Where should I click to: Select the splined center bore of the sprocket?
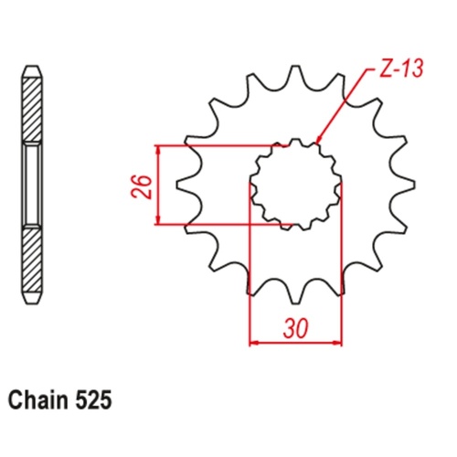pos(296,183)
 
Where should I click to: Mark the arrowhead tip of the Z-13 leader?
pos(316,143)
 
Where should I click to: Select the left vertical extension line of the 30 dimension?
pos(250,274)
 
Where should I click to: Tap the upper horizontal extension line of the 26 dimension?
pos(219,144)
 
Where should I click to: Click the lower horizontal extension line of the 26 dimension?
pos(219,224)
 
